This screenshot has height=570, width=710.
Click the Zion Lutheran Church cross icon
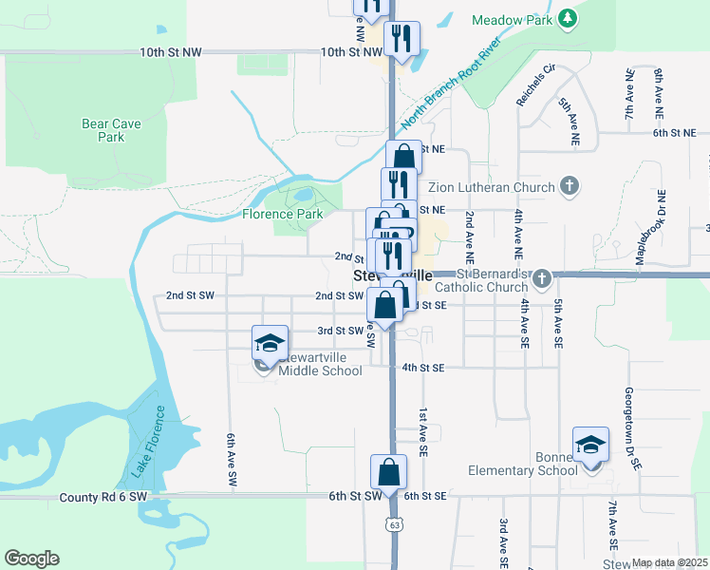tap(570, 186)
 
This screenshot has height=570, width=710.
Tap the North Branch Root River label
tap(449, 85)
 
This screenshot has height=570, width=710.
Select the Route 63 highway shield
tap(393, 523)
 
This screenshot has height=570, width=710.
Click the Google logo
tap(31, 559)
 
